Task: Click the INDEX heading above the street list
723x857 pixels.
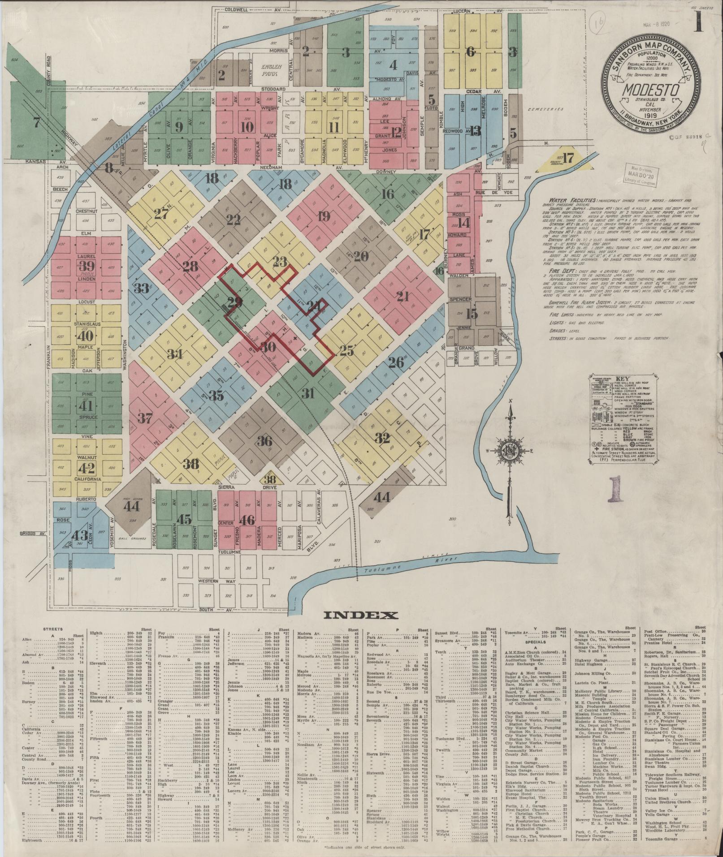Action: (x=361, y=615)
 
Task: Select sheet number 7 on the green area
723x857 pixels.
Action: (x=37, y=121)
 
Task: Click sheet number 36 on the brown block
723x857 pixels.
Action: (x=265, y=441)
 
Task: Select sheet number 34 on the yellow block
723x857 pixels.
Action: (x=176, y=355)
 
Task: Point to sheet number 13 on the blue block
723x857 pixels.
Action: (x=476, y=131)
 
